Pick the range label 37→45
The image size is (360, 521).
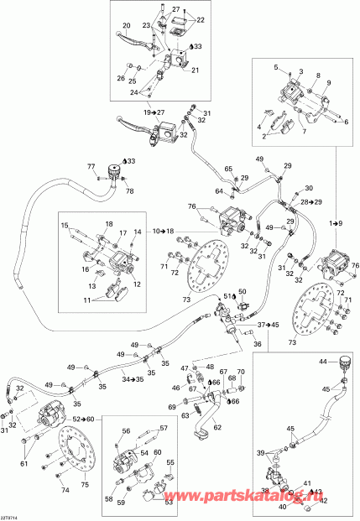point(269,324)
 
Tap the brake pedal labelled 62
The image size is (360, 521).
point(219,427)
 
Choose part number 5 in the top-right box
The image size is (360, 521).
point(274,65)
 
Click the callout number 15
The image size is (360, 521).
point(64,226)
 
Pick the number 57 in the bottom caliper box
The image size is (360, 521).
point(164,429)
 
